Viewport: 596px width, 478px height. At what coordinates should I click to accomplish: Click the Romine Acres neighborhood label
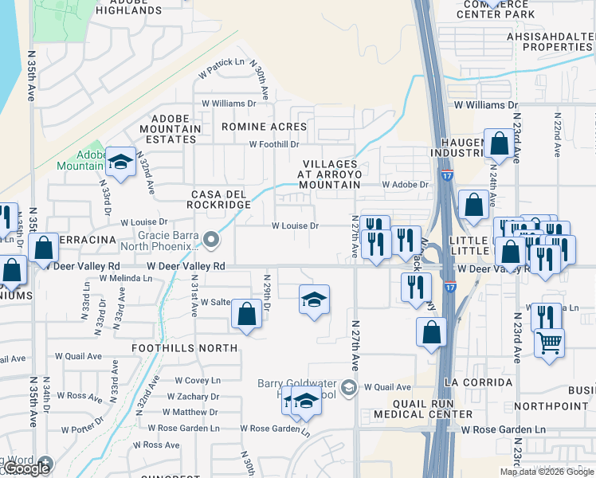click(264, 127)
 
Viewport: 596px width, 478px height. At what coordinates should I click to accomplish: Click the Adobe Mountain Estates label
click(171, 128)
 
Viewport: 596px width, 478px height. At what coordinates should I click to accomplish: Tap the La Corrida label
click(479, 383)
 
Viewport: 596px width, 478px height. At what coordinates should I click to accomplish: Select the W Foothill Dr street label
click(273, 145)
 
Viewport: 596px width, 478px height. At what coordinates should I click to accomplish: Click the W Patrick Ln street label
click(222, 67)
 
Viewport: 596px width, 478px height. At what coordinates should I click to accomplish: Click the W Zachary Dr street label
click(193, 397)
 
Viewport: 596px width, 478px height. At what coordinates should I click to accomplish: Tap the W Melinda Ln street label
click(125, 278)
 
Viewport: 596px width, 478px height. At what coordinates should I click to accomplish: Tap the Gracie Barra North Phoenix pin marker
click(210, 239)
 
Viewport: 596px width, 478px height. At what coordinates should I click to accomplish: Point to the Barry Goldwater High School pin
click(348, 388)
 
